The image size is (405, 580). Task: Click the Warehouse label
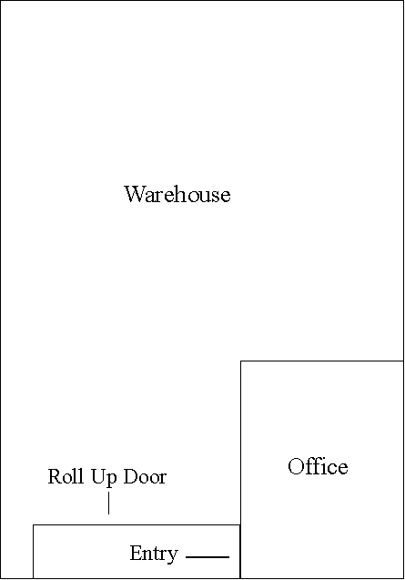point(177,194)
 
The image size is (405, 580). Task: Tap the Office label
point(318,466)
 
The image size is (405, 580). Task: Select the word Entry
point(154,555)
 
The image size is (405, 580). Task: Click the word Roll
point(66,476)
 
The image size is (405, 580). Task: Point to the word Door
point(145,476)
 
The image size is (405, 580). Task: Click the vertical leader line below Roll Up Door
point(108,503)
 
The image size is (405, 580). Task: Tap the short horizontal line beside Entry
point(208,556)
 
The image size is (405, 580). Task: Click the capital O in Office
point(296,466)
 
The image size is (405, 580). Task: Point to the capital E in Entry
point(136,553)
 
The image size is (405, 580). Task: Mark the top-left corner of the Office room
point(241,361)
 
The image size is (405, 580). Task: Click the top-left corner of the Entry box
point(34,524)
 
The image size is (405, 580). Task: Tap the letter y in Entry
point(173,556)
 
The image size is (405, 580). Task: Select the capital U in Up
point(97,476)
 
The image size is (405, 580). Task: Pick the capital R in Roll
point(55,476)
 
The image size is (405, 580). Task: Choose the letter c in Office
point(331,470)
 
